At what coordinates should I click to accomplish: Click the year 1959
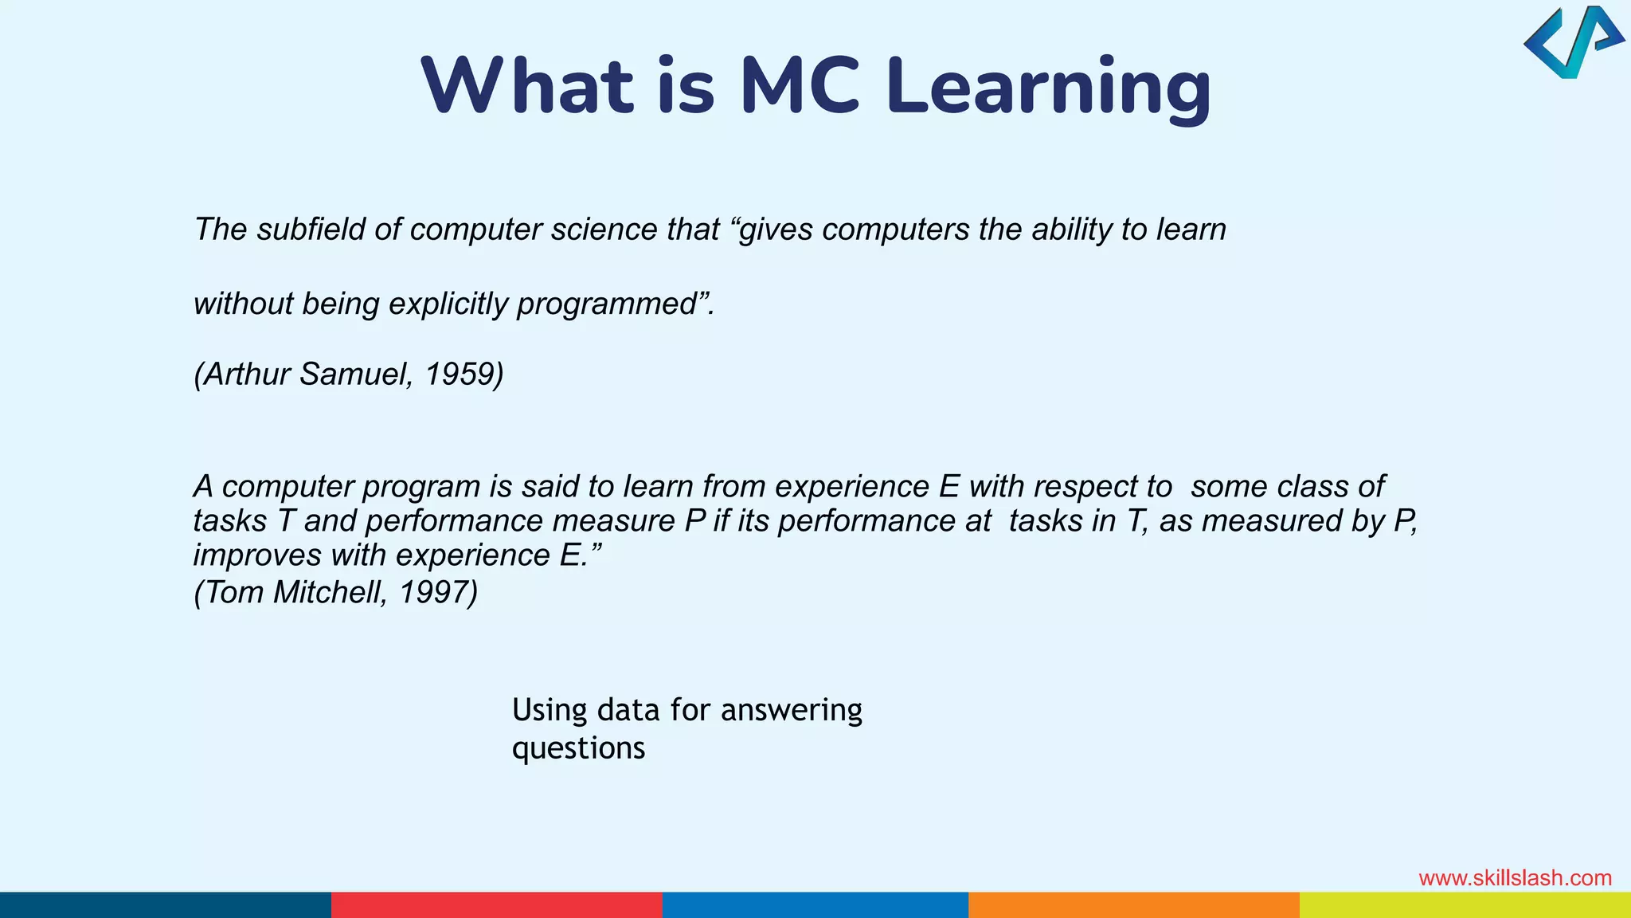(x=463, y=375)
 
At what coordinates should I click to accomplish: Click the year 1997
(x=436, y=592)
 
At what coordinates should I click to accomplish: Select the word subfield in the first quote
(x=311, y=229)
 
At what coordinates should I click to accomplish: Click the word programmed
(x=607, y=304)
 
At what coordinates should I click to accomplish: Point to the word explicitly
(x=448, y=304)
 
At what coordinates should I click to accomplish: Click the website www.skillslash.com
(x=1515, y=878)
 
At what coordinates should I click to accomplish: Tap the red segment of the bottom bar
(x=496, y=905)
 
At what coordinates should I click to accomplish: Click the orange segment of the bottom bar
(x=1133, y=905)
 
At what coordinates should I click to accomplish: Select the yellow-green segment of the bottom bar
(x=1465, y=905)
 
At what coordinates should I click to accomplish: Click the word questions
(x=578, y=749)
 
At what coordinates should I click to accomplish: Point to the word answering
(x=791, y=710)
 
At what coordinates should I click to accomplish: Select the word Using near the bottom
(x=550, y=710)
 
